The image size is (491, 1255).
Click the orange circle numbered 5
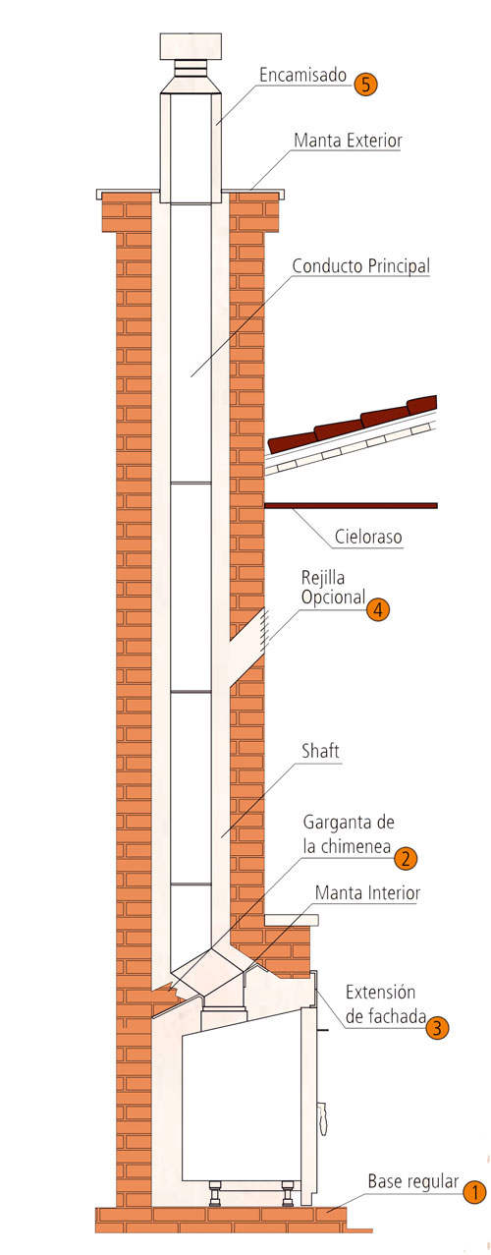pyautogui.click(x=365, y=85)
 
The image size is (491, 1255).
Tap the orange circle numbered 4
pyautogui.click(x=378, y=608)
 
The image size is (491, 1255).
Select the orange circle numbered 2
pyautogui.click(x=406, y=857)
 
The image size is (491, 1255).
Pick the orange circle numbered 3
pyautogui.click(x=437, y=1027)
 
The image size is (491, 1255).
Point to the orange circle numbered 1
pyautogui.click(x=474, y=1192)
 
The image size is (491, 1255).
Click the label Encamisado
pyautogui.click(x=302, y=75)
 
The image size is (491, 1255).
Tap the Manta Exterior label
pyautogui.click(x=348, y=141)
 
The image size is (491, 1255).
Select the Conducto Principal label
pyautogui.click(x=361, y=265)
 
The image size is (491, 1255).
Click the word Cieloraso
pyautogui.click(x=368, y=537)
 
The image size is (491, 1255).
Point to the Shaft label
pyautogui.click(x=320, y=750)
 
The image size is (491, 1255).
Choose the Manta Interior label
pyautogui.click(x=367, y=892)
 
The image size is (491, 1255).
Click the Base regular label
pyautogui.click(x=413, y=1181)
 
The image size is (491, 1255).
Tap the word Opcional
pyautogui.click(x=334, y=598)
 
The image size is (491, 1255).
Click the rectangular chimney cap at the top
pyautogui.click(x=191, y=46)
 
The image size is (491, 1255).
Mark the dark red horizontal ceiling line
pyautogui.click(x=351, y=505)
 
